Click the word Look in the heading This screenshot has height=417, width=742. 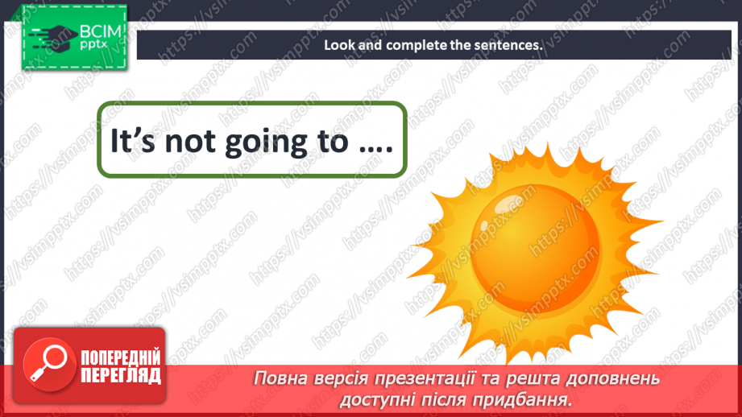(339, 45)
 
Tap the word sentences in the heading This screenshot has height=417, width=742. (508, 45)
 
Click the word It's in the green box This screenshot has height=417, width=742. (126, 142)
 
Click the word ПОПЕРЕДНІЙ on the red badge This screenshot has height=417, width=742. (120, 357)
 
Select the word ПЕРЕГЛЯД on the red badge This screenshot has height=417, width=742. (120, 375)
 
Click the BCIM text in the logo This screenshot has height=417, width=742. (97, 34)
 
